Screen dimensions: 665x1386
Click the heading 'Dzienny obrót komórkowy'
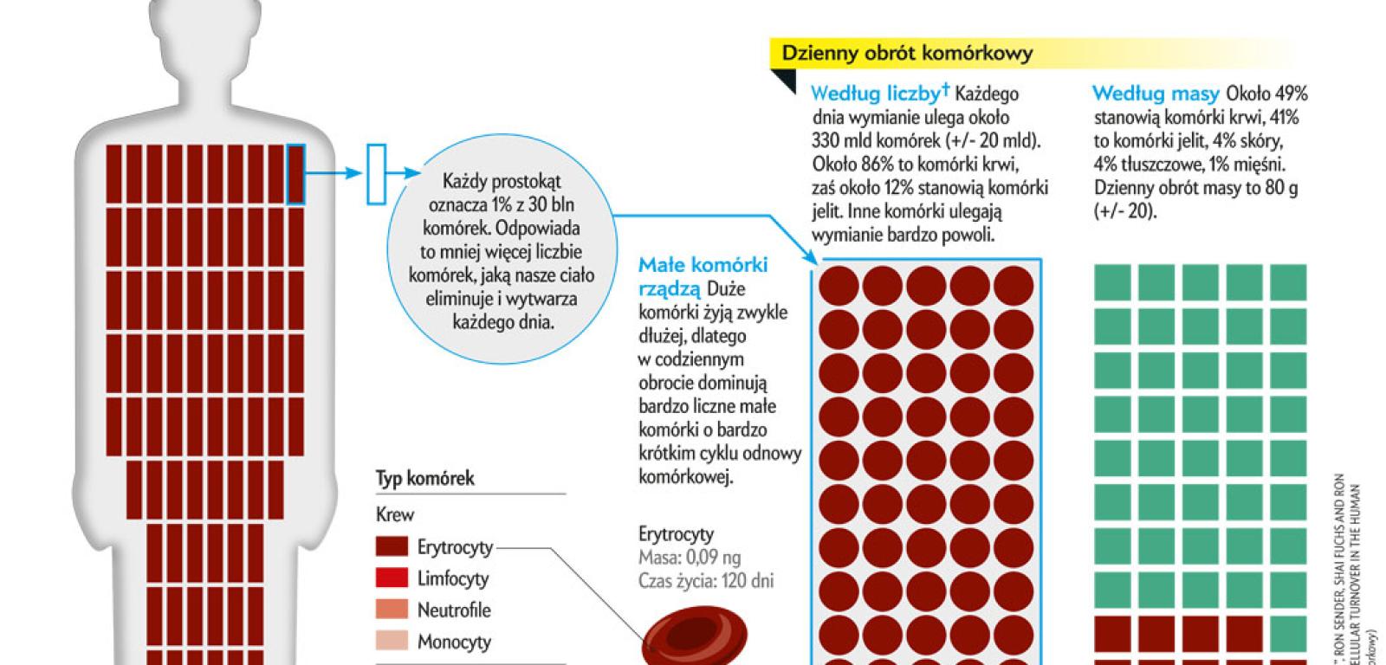[907, 54]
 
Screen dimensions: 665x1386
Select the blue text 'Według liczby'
[877, 94]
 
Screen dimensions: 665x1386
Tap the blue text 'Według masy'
[1156, 94]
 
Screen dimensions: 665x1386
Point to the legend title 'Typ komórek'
[424, 479]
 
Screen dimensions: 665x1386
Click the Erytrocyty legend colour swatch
[392, 546]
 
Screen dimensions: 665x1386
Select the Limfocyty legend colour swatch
[392, 578]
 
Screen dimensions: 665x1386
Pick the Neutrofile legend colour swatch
[392, 610]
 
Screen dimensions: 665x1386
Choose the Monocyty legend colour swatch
[392, 642]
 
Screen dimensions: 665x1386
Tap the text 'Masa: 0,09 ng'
[690, 558]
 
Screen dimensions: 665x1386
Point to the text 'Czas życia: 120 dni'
[705, 581]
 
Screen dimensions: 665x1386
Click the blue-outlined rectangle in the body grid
[296, 174]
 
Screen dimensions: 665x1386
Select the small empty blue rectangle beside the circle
[376, 174]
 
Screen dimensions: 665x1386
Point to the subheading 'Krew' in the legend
[395, 514]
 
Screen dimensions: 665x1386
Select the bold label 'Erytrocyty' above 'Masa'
[676, 533]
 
